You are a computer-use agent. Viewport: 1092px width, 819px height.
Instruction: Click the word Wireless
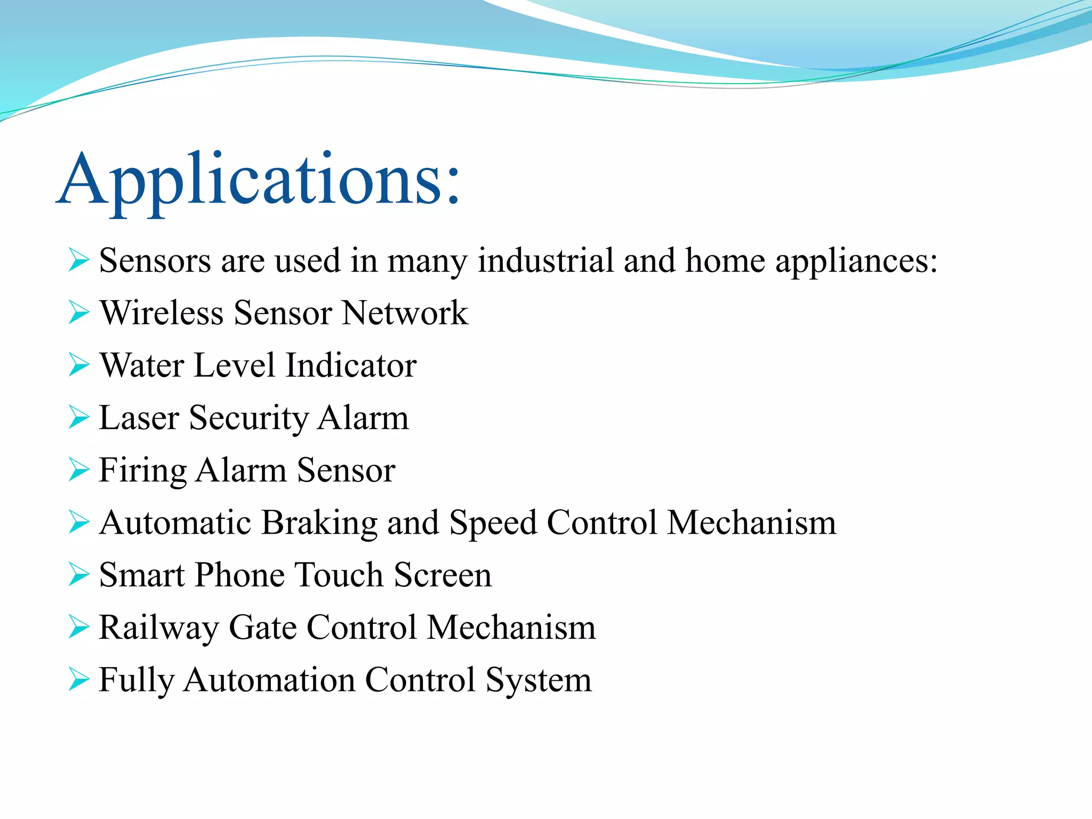(162, 313)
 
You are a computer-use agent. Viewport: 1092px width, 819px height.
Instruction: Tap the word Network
(405, 313)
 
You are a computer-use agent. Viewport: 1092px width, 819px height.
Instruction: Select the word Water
(142, 366)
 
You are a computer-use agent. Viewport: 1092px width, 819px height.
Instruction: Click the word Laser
(139, 418)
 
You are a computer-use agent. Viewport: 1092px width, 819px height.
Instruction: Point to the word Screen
(443, 575)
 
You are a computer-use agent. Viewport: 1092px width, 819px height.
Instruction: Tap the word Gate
(262, 628)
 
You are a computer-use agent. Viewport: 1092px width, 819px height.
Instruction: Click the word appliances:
(856, 262)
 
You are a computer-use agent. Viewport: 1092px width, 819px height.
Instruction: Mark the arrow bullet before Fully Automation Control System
(79, 680)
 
